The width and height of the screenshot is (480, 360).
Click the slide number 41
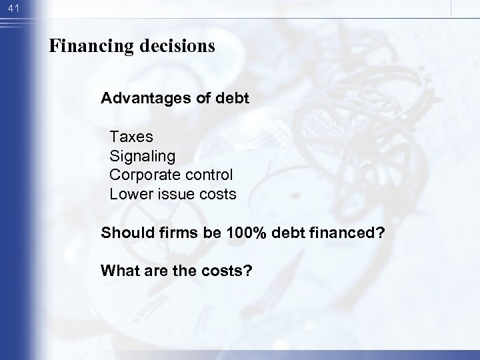click(x=11, y=9)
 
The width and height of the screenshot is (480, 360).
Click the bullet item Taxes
click(x=131, y=137)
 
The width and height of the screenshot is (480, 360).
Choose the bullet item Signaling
click(x=143, y=157)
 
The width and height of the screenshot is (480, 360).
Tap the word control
click(x=211, y=175)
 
